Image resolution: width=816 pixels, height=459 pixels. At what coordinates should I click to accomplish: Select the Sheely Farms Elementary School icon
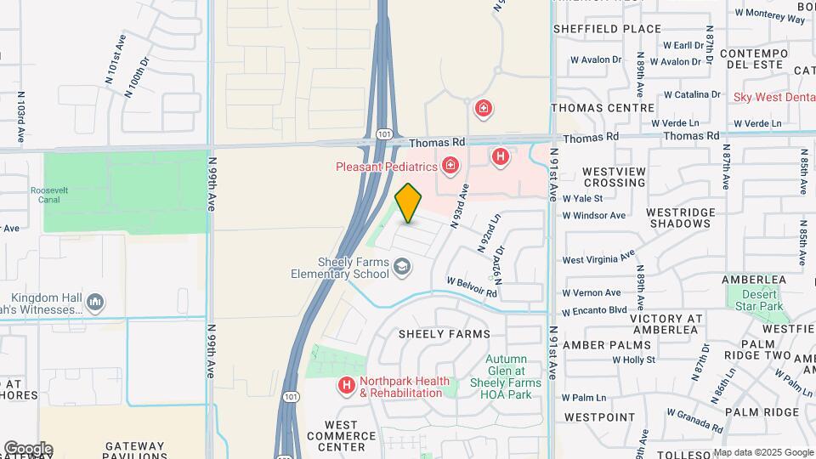401,269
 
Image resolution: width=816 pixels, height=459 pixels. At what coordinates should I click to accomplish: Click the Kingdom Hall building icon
95,302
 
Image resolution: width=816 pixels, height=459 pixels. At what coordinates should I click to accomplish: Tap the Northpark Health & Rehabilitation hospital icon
346,386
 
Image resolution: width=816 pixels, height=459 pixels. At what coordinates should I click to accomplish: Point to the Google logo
27,449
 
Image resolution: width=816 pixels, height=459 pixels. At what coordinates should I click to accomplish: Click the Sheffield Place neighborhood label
607,28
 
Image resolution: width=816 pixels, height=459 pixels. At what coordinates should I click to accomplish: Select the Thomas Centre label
603,108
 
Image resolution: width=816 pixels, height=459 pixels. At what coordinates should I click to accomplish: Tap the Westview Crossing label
614,177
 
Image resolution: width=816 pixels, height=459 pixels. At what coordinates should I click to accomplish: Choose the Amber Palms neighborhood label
607,345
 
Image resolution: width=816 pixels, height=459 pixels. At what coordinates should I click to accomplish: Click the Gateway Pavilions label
134,450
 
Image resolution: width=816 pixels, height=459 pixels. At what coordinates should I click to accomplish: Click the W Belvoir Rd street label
472,286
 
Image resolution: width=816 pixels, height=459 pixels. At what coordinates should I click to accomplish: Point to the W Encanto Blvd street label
594,310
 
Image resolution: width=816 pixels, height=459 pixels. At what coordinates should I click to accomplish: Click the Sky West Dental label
773,97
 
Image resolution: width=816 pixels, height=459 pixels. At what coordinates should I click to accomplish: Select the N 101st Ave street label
116,59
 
